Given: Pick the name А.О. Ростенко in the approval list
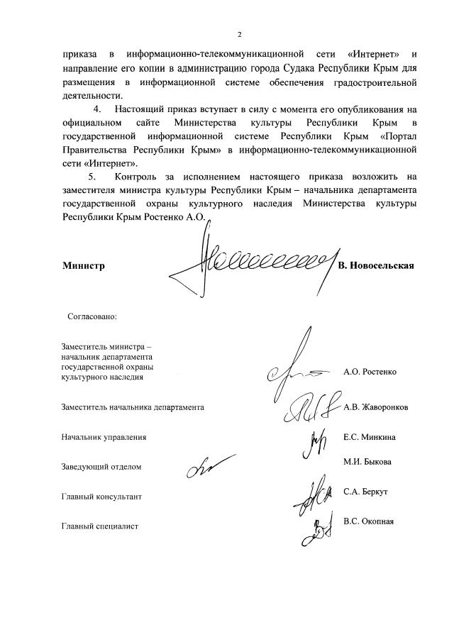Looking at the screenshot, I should click(x=370, y=371).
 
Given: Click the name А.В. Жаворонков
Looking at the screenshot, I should click(x=375, y=407).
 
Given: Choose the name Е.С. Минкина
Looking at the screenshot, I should click(x=369, y=437).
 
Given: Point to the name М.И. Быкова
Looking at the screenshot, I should click(x=367, y=462).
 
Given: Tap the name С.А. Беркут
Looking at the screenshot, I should click(x=366, y=492).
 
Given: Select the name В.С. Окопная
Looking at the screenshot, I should click(x=368, y=521).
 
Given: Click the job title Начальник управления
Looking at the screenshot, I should click(x=104, y=437).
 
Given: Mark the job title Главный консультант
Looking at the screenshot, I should click(x=101, y=497).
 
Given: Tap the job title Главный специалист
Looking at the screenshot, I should click(x=99, y=526).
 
